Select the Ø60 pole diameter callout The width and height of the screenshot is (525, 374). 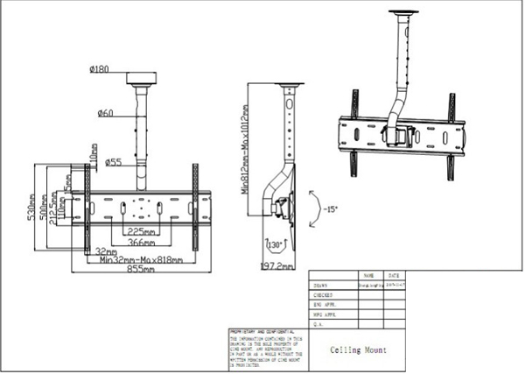tap(104, 113)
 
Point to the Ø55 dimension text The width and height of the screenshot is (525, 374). tap(113, 161)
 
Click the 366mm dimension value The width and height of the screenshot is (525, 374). tap(143, 243)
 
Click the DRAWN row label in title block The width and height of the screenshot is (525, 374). tap(321, 285)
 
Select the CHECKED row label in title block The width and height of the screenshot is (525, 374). tap(323, 296)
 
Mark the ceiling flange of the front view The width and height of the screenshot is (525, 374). tap(141, 79)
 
